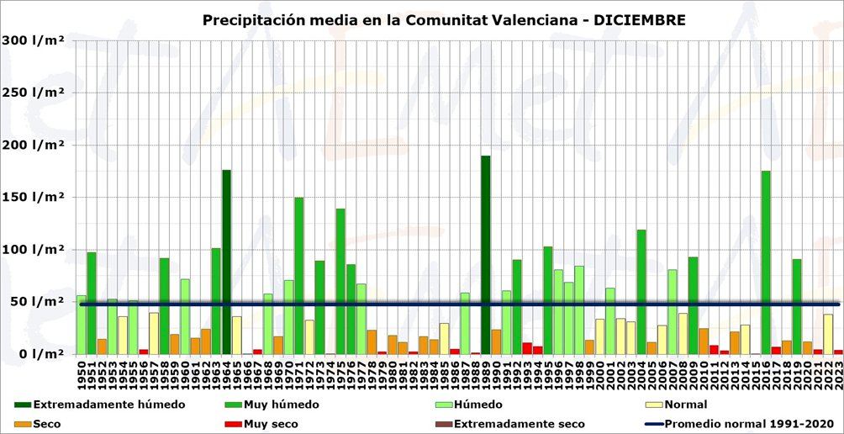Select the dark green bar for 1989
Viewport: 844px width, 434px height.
(x=486, y=252)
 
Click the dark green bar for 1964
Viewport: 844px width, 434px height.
(x=226, y=261)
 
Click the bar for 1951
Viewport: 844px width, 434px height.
(x=92, y=302)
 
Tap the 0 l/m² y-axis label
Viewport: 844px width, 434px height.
(x=38, y=353)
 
